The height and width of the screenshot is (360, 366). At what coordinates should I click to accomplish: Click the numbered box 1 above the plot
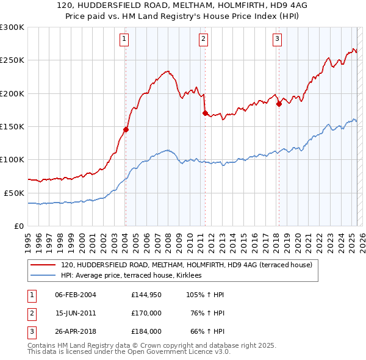(124, 39)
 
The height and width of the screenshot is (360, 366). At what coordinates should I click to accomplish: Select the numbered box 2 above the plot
(203, 39)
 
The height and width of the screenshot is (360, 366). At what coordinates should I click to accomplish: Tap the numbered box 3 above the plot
(277, 39)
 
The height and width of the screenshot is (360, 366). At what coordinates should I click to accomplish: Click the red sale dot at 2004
(126, 129)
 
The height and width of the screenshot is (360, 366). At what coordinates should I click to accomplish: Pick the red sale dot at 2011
(205, 113)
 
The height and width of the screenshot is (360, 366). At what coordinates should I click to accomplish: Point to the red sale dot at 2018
(279, 104)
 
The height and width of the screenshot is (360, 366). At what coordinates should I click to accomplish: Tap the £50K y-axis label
(14, 193)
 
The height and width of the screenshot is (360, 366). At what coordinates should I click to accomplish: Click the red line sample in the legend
(44, 265)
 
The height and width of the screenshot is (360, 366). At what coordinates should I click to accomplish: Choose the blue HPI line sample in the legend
(44, 275)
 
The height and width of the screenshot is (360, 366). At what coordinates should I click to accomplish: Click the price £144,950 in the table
(146, 295)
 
